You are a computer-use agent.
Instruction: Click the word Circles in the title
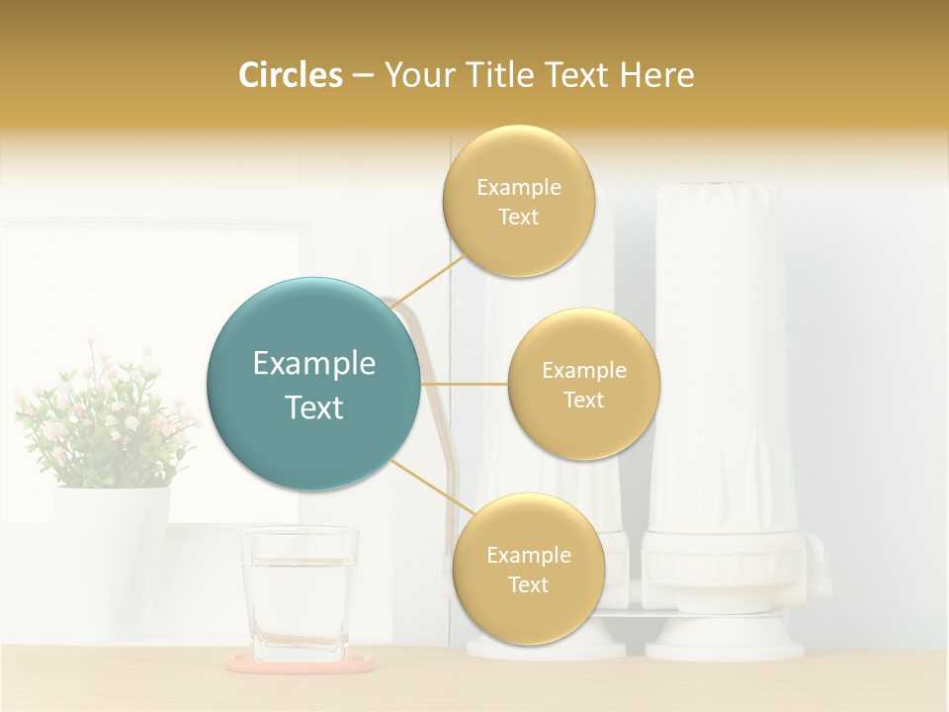point(290,75)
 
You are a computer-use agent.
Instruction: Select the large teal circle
point(313,384)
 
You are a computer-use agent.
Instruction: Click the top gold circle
point(518,201)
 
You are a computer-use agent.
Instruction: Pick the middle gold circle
point(583,384)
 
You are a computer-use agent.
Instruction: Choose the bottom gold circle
point(528,569)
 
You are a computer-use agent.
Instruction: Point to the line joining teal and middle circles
point(464,384)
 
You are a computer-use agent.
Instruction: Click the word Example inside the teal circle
point(313,363)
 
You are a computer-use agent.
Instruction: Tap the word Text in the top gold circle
point(518,217)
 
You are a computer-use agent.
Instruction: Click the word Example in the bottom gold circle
point(528,555)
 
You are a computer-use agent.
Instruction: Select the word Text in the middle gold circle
point(583,400)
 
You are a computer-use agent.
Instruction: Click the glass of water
point(299,593)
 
